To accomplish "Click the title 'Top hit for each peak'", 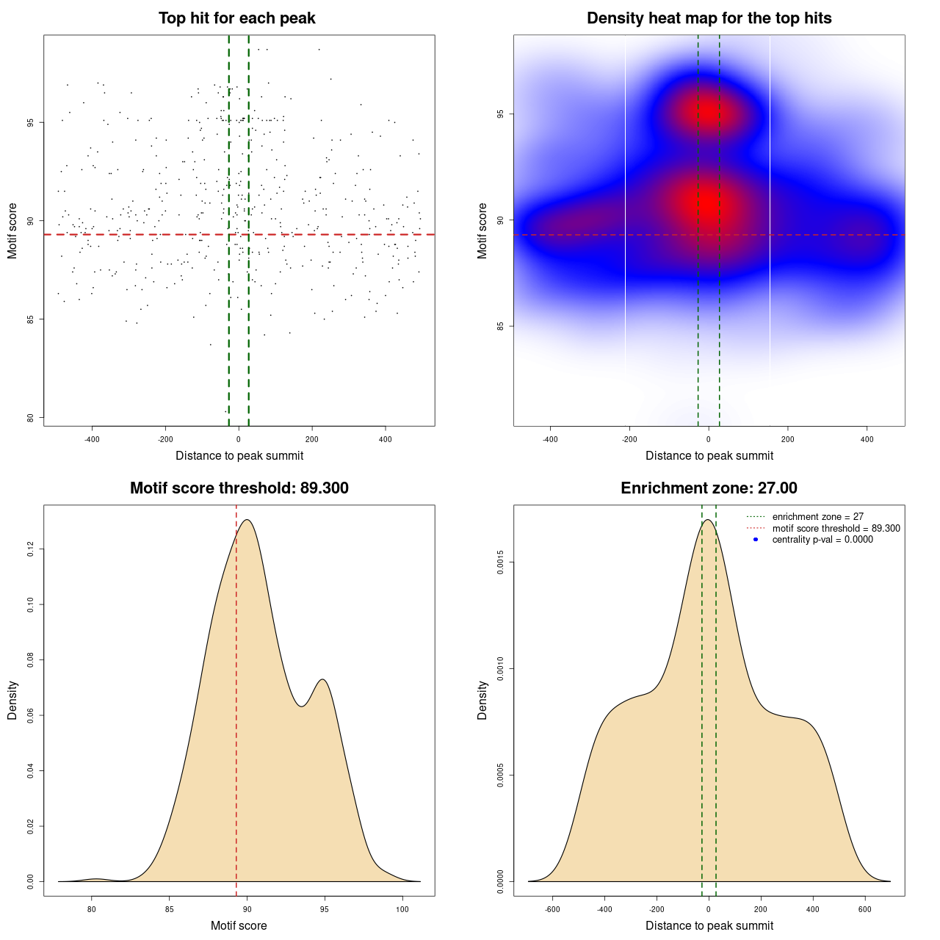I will point(237,18).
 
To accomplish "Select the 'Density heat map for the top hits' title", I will point(709,18).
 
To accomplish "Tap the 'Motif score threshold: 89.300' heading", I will point(239,488).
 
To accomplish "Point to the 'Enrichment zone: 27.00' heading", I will point(709,488).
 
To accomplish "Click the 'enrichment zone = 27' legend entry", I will point(817,517).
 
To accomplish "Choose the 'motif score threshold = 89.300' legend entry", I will point(836,529).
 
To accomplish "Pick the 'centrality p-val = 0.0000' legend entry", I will point(822,540).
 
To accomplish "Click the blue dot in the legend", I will point(756,540).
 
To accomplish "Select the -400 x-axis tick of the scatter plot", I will point(92,439).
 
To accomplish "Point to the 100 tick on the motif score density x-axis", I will point(402,909).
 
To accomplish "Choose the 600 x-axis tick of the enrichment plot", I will point(864,909).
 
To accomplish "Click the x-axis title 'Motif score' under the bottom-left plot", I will point(239,926).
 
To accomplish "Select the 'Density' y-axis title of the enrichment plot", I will point(482,700).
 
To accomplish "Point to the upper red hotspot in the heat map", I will point(708,112).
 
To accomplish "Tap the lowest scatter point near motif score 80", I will point(225,411).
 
